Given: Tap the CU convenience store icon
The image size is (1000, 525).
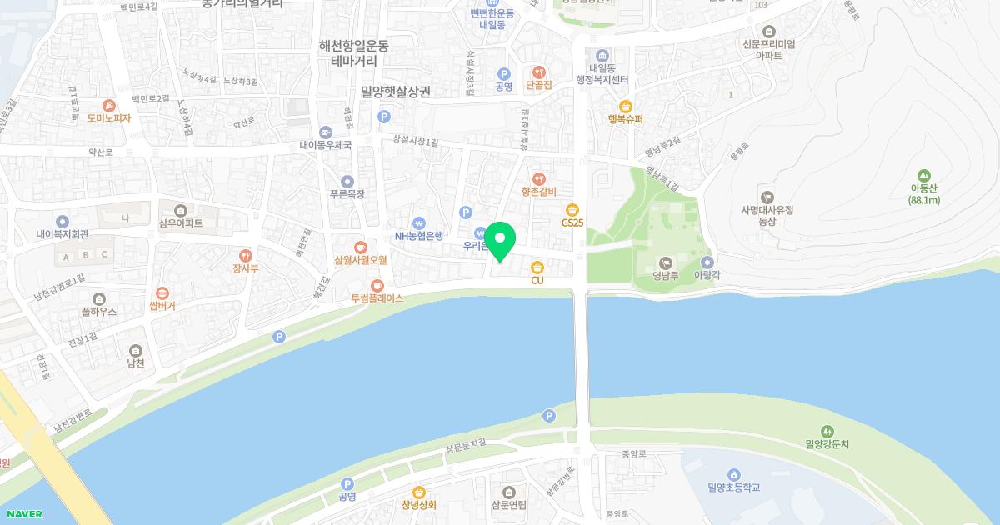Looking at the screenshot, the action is point(537,267).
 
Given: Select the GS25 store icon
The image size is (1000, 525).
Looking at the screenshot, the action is point(572,210).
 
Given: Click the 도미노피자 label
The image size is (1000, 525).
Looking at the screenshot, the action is point(109,118).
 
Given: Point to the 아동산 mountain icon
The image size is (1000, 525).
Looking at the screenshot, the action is point(922,176).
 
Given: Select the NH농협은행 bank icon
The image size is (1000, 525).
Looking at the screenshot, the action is point(419,223).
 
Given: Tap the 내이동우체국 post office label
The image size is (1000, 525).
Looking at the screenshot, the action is point(326,144).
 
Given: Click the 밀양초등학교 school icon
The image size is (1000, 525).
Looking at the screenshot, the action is point(733,474).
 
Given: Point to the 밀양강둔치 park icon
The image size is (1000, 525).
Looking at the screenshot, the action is point(827,431).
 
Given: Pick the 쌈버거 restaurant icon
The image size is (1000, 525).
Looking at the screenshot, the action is point(162,292).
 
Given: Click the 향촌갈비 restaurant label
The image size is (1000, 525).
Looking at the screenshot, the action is point(538,191).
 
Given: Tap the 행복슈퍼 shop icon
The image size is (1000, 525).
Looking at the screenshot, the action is point(626,106).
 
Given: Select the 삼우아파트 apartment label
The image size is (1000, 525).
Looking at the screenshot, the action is point(180,222).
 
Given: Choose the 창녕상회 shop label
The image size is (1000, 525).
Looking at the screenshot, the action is point(418,505).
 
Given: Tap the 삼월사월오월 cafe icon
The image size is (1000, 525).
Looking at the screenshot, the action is point(360,247).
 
